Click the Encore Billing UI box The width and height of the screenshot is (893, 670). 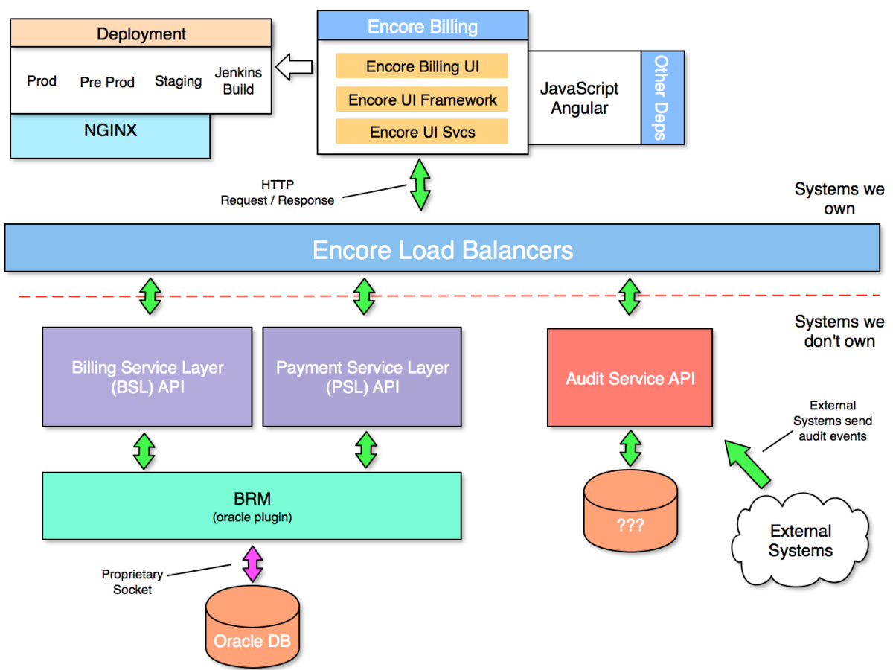(x=422, y=66)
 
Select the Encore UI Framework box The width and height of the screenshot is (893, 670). (x=422, y=100)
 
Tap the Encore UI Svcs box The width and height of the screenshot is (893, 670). (x=422, y=132)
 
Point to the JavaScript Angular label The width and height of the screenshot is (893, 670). (x=579, y=98)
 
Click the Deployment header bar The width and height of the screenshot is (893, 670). (x=141, y=34)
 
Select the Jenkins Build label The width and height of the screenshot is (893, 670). (x=238, y=81)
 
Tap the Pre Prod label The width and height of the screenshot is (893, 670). (x=107, y=82)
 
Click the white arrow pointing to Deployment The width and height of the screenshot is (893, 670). (x=294, y=68)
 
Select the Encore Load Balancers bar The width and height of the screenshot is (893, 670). (x=443, y=249)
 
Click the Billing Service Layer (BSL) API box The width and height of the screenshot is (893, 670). (x=147, y=377)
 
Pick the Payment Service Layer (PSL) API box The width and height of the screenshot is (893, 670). (x=362, y=377)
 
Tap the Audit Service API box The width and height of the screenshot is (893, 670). (x=630, y=378)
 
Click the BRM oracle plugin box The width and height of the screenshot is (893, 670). (x=252, y=505)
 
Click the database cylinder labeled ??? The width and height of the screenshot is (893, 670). (x=630, y=514)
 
